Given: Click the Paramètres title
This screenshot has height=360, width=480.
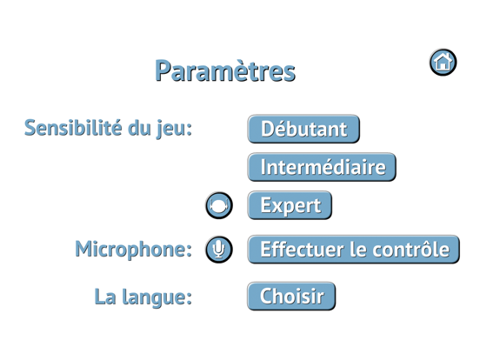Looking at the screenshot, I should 224,71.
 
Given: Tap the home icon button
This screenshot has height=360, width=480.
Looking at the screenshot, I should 443,62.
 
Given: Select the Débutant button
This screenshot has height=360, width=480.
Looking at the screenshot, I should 303,129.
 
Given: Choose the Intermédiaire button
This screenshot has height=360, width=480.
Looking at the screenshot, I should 322,166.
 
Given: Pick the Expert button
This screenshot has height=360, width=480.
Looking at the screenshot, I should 290,205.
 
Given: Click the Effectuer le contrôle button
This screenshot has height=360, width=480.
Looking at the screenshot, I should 352,250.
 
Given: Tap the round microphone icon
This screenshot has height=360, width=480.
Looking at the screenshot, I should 218,250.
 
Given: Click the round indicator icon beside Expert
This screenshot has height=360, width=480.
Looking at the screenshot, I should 218,205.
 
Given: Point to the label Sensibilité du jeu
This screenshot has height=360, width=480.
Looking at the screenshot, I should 109,129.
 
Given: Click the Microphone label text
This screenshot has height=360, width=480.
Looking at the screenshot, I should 133,250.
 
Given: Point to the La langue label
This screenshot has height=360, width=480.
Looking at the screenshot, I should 143,296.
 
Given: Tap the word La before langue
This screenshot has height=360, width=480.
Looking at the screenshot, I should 106,296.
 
